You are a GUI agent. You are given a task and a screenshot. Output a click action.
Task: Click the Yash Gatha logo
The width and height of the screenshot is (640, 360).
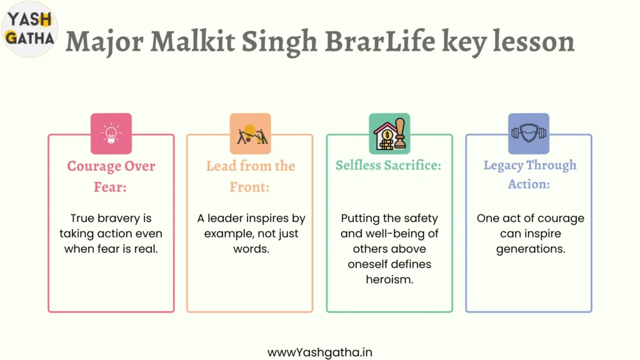tap(29, 29)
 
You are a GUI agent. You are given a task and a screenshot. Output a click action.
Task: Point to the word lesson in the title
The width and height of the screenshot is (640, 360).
tap(534, 41)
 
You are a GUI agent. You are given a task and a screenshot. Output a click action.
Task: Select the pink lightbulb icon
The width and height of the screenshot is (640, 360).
tap(111, 134)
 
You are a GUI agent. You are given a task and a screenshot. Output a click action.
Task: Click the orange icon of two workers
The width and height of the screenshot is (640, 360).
tap(250, 134)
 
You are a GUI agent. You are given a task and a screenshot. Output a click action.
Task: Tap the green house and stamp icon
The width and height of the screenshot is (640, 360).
tap(389, 134)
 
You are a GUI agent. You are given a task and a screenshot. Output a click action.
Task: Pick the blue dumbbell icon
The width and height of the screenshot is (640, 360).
tap(529, 134)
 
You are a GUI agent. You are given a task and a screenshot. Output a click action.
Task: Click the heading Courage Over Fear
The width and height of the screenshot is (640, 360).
tap(111, 176)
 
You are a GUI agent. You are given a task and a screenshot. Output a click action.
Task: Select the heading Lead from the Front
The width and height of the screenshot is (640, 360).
tap(250, 176)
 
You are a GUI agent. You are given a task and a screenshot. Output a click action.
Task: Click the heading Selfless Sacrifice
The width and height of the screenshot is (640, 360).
tap(389, 165)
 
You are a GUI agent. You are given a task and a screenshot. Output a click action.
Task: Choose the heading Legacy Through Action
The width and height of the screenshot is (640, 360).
tap(530, 175)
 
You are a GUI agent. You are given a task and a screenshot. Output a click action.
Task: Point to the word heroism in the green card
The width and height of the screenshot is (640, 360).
tap(389, 279)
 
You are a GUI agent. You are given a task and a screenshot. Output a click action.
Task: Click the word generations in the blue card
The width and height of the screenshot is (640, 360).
tap(531, 249)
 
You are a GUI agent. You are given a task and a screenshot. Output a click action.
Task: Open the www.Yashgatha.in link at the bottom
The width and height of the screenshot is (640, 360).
tap(319, 352)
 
